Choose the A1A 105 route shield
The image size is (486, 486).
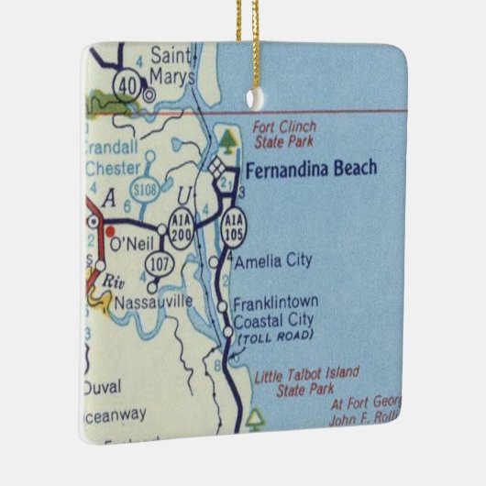point(231,228)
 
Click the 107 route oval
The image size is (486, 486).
point(155,264)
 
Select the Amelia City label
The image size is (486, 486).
point(272,261)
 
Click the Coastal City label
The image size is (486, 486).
point(273,319)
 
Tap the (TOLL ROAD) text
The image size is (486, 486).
point(275,337)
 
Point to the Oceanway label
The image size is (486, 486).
point(114,414)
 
